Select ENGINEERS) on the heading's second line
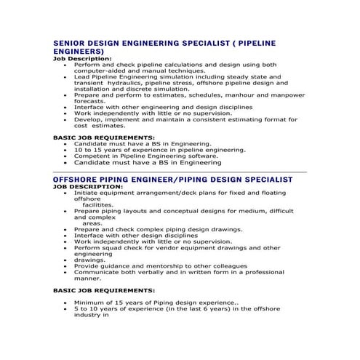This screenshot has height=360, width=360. tap(79, 52)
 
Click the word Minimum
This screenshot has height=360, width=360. tap(92, 302)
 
